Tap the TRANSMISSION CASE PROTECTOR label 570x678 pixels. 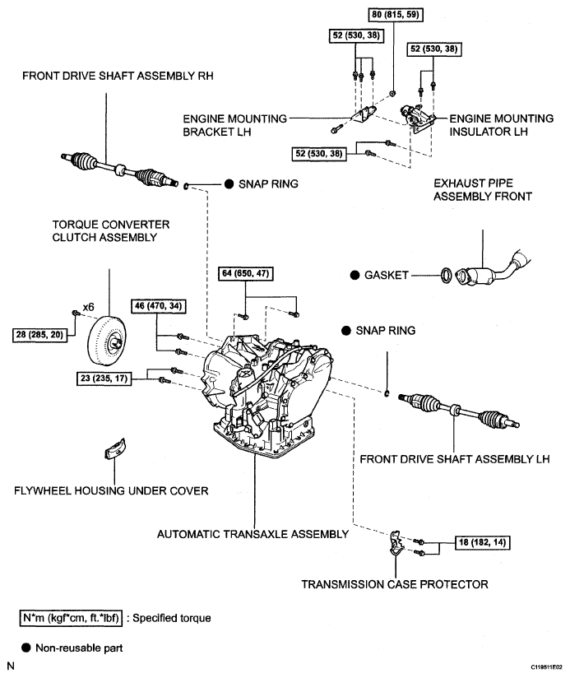pyautogui.click(x=395, y=584)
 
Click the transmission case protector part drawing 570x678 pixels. pyautogui.click(x=396, y=544)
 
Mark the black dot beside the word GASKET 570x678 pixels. pyautogui.click(x=354, y=275)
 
